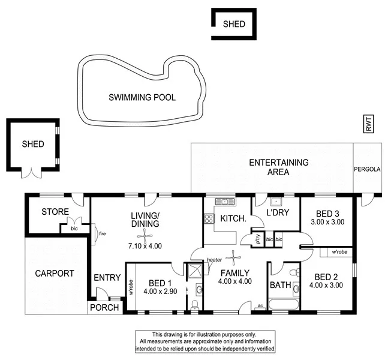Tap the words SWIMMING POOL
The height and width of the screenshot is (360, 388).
[x=142, y=97]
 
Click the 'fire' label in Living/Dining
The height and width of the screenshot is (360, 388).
[x=103, y=234]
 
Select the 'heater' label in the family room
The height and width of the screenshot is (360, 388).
[x=214, y=259]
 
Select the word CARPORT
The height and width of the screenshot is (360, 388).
[x=54, y=274]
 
